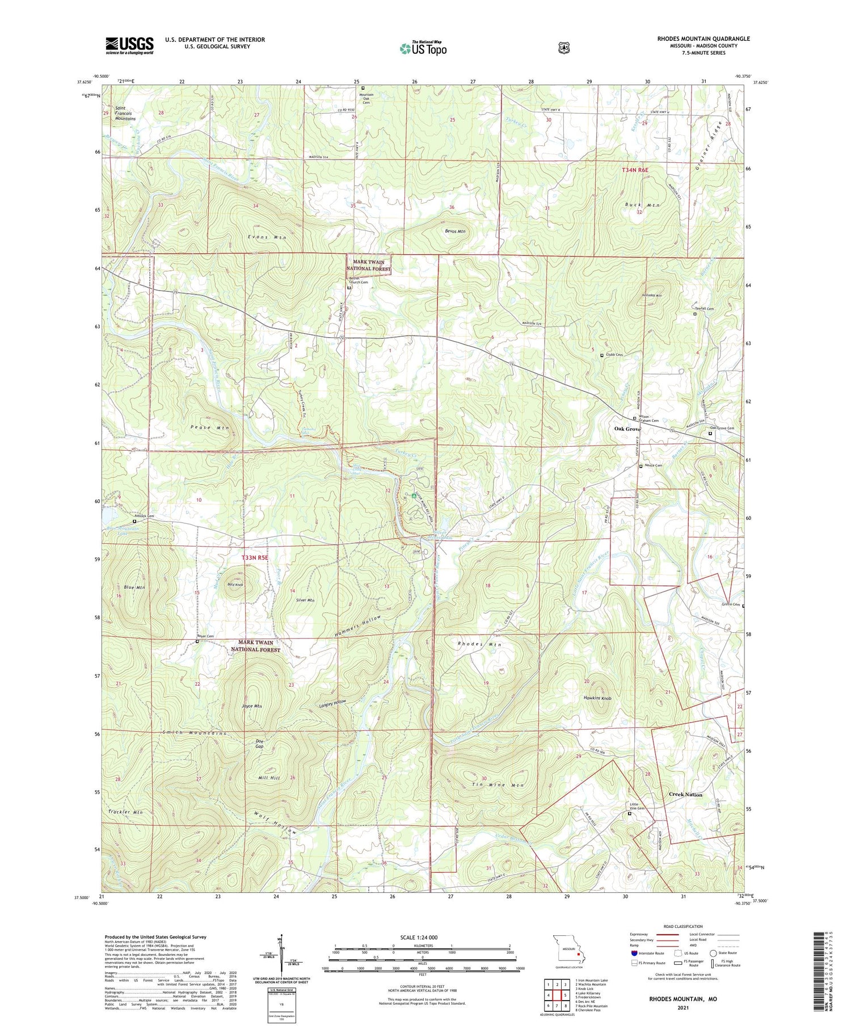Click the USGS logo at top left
tap(129, 45)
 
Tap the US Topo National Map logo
tap(423, 49)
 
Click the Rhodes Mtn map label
tap(479, 645)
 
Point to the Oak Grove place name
tap(627, 429)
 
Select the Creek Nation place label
tap(685, 795)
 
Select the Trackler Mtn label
tap(126, 812)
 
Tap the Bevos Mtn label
tap(454, 232)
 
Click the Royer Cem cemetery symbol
tap(197, 642)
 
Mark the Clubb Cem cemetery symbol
tap(602, 355)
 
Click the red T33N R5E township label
tap(254, 558)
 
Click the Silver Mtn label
tap(305, 600)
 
